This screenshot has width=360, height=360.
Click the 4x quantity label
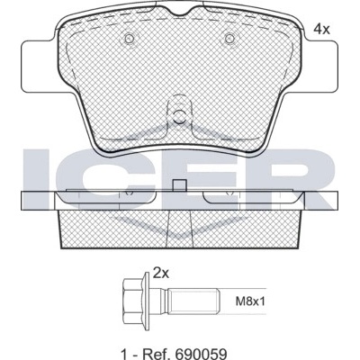[x=321, y=29]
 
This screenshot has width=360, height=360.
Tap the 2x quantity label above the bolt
[x=161, y=274]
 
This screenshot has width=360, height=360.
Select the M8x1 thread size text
[x=250, y=301]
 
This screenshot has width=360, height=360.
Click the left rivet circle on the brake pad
[x=130, y=39]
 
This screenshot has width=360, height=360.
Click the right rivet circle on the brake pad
[x=229, y=39]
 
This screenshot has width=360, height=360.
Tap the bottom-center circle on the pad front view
[x=180, y=116]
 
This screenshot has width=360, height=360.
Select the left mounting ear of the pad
[x=39, y=66]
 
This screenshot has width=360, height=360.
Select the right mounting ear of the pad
[x=320, y=66]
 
